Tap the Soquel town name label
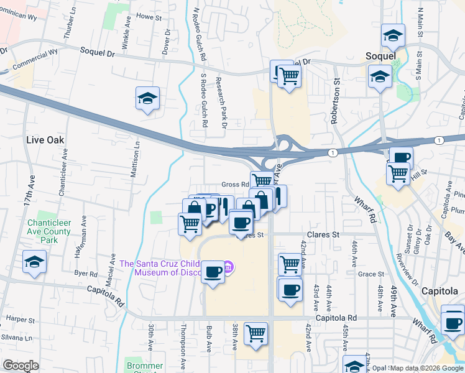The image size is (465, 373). (380, 56)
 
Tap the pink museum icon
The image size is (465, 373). (228, 268)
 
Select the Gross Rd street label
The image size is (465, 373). (235, 185)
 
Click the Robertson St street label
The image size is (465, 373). (336, 100)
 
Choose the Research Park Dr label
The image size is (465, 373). (219, 99)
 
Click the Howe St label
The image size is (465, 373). (144, 16)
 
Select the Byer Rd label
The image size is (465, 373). (86, 274)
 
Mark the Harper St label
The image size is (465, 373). (22, 320)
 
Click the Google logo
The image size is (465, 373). (21, 366)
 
